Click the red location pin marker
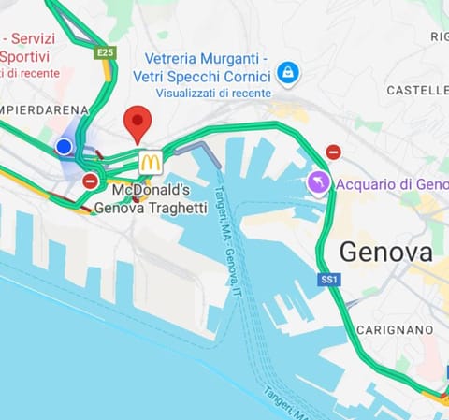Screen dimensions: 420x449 coord(138,123)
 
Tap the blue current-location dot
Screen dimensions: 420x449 coord(65,147)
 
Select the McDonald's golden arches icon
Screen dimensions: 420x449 coord(150,162)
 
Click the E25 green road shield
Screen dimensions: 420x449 coord(104,53)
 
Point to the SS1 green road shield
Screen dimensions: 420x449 coord(328,280)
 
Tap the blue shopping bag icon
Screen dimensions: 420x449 coord(287,72)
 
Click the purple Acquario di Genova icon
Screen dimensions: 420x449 coord(319,182)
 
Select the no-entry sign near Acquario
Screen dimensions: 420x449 coord(333,152)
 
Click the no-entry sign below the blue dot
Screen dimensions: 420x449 coord(90,181)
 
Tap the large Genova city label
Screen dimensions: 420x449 coord(385,252)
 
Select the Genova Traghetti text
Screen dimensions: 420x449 coord(151,208)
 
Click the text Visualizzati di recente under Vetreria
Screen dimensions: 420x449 coord(213,93)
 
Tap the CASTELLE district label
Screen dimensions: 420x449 coord(417,90)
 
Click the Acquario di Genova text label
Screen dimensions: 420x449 coord(392,183)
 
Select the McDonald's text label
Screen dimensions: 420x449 coord(151,190)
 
